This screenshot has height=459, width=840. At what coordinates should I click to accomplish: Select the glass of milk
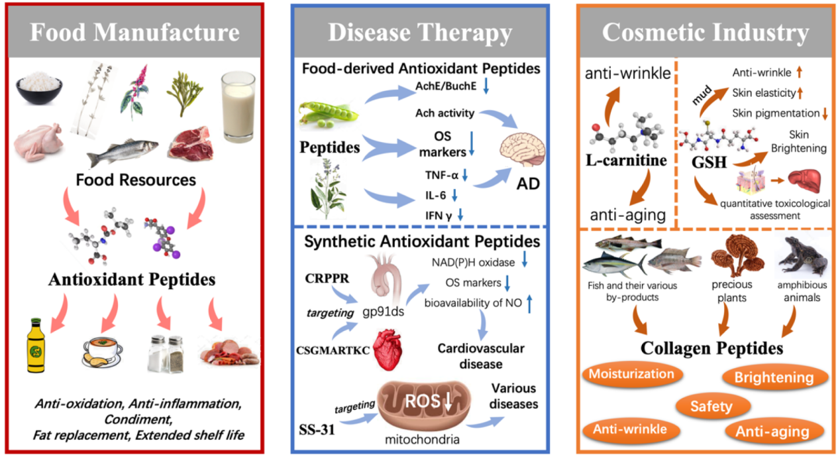click(238, 105)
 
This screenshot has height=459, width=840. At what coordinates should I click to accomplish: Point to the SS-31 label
click(316, 423)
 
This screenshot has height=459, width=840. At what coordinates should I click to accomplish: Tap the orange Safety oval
click(712, 405)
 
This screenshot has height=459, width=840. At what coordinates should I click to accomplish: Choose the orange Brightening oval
click(773, 377)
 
